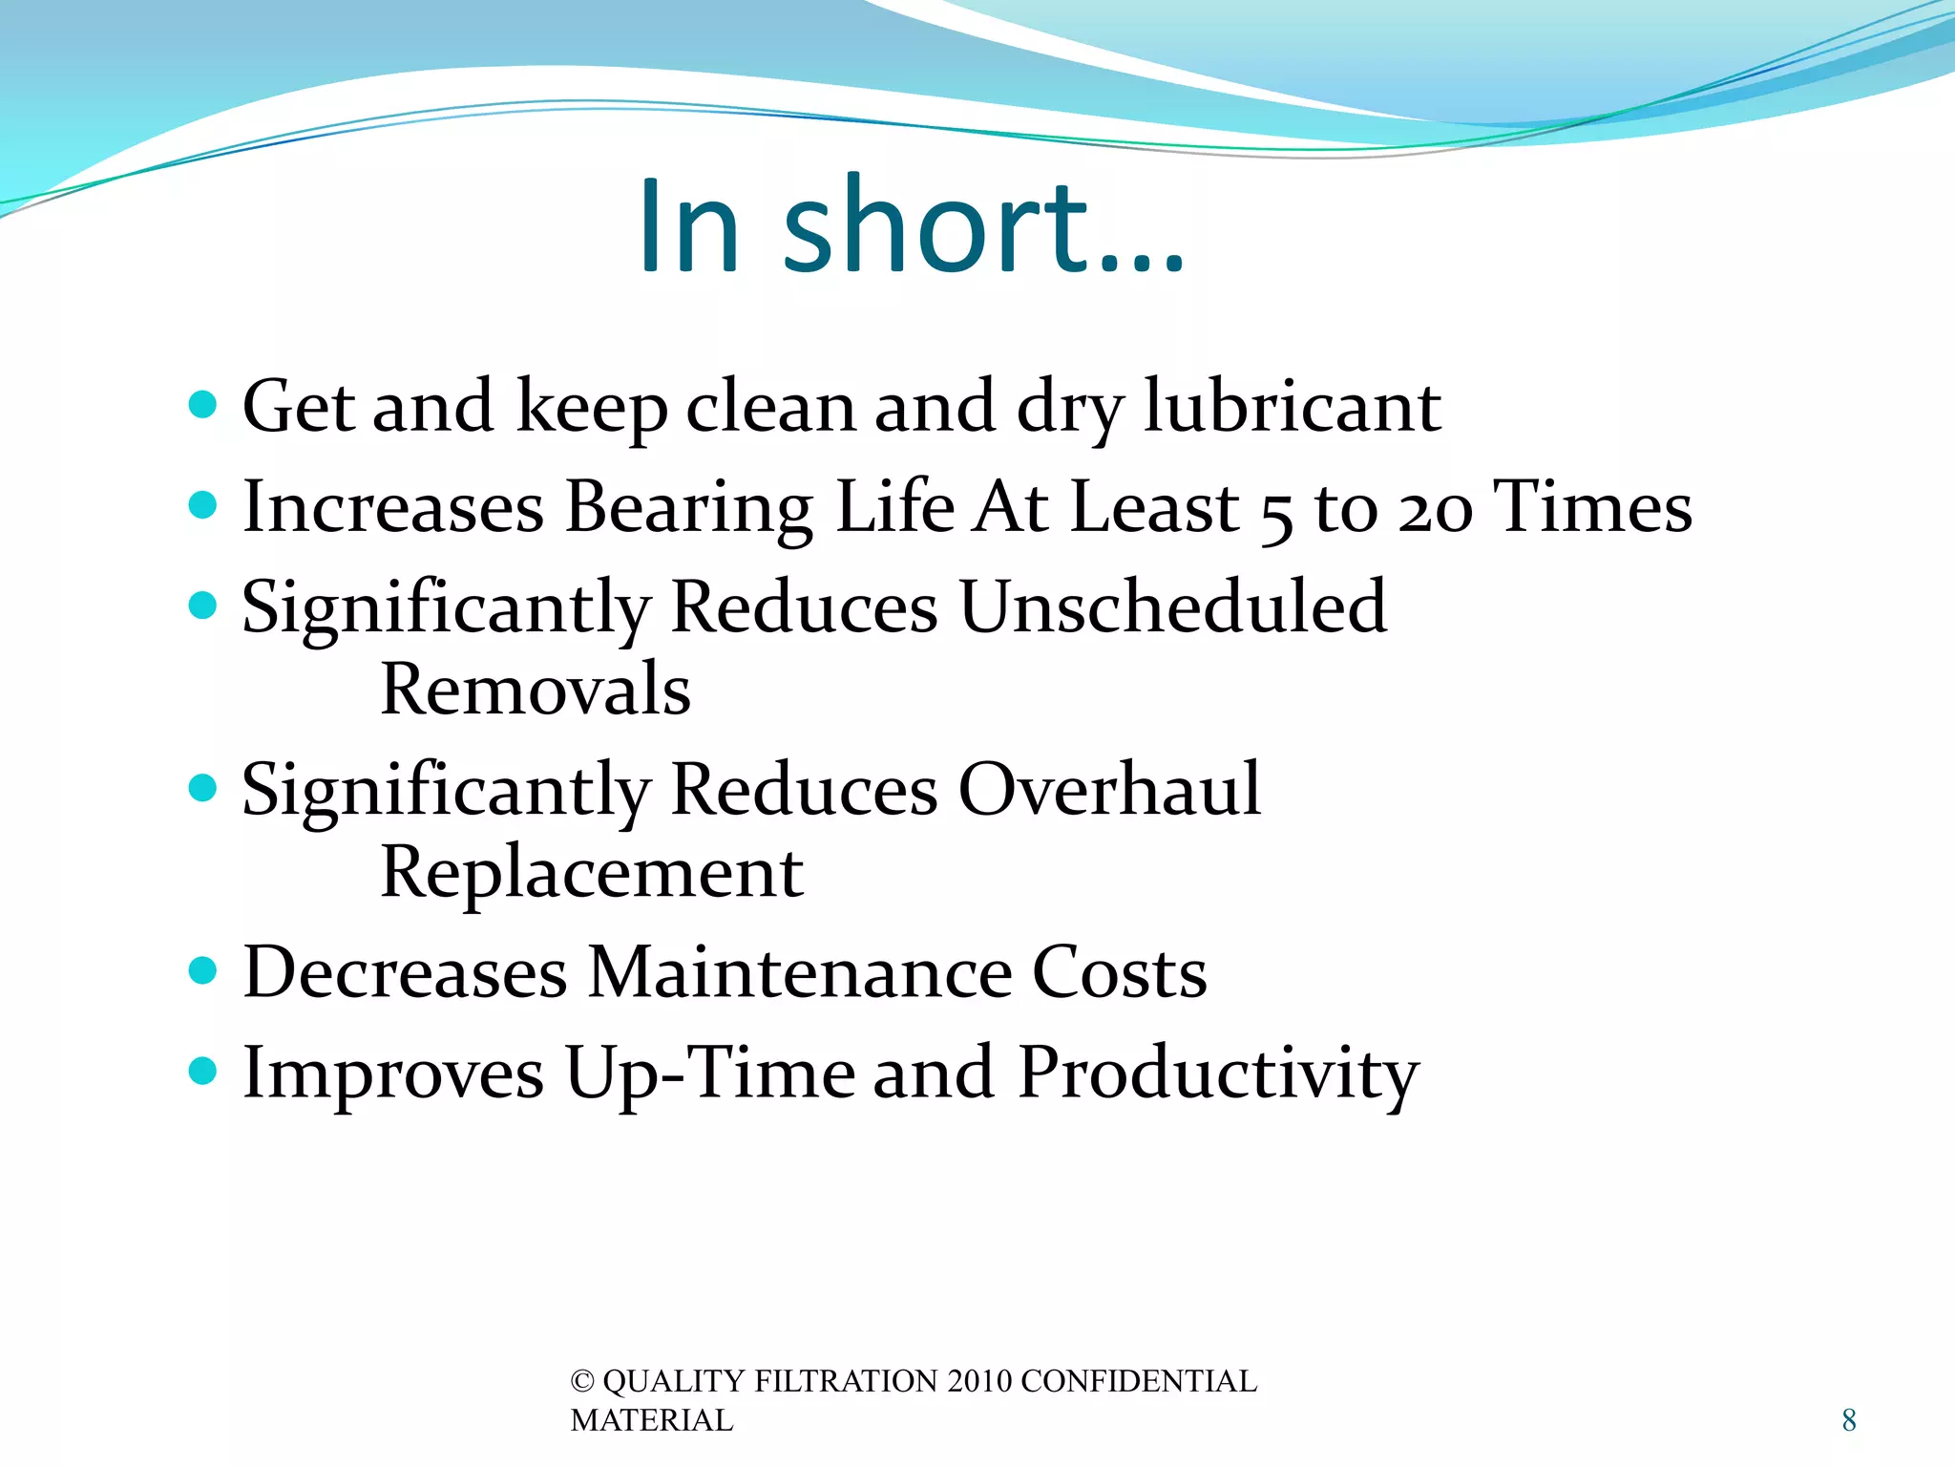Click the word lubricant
click(x=1293, y=407)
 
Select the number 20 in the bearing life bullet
click(x=1436, y=508)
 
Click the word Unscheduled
click(x=1172, y=607)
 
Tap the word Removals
click(x=536, y=689)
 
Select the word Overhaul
click(x=1109, y=791)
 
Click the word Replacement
click(x=592, y=873)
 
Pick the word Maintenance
click(x=799, y=972)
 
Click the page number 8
click(x=1848, y=1420)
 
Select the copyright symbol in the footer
click(x=581, y=1382)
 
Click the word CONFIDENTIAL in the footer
click(x=1138, y=1382)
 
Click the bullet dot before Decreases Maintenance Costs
click(x=203, y=971)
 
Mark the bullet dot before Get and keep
click(x=203, y=405)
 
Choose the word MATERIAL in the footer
click(x=652, y=1421)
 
